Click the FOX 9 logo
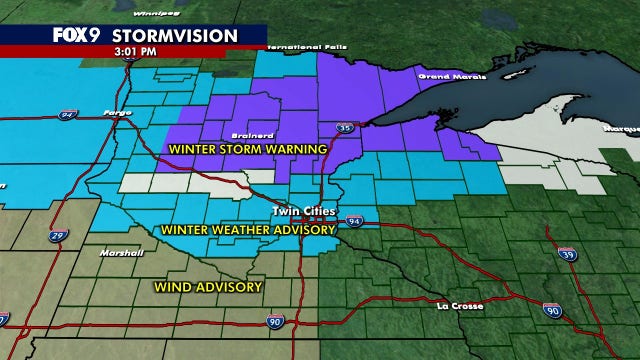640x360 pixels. (77, 36)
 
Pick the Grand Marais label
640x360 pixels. (441, 76)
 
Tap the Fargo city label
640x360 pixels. (118, 112)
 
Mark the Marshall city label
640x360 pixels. (118, 252)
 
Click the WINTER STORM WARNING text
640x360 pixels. (248, 149)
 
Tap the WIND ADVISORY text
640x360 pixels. (208, 287)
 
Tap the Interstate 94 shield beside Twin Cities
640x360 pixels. (355, 220)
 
